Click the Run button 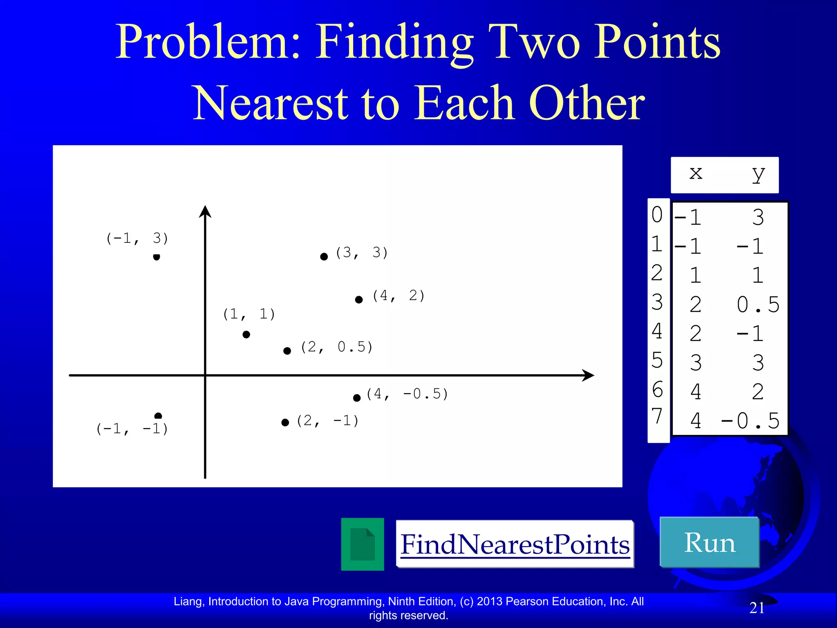(709, 542)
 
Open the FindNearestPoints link (515, 544)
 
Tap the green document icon (363, 544)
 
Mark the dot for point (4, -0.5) (357, 398)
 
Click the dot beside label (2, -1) (285, 422)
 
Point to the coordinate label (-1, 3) (137, 238)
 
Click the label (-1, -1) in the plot (132, 429)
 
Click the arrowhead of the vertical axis (205, 211)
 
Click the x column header (696, 173)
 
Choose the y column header (758, 174)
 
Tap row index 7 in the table (657, 417)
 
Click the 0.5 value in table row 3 (758, 305)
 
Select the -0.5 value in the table (750, 421)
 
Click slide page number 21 (757, 608)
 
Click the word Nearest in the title (270, 103)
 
